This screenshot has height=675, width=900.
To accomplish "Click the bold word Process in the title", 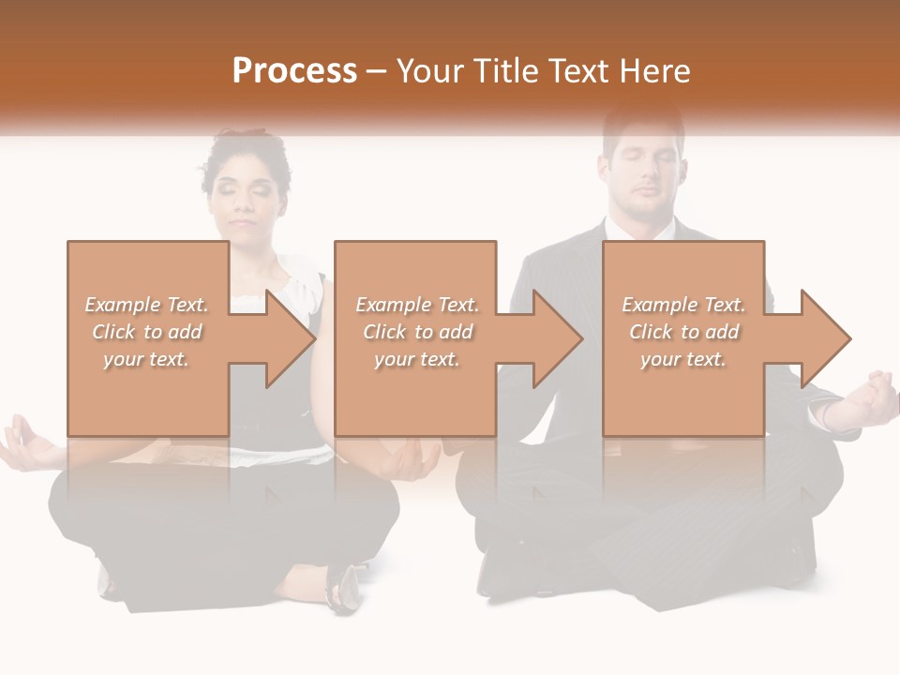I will pyautogui.click(x=294, y=71).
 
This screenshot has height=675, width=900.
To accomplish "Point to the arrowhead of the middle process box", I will pyautogui.click(x=557, y=338).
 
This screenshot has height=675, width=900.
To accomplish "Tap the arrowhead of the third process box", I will pyautogui.click(x=825, y=338).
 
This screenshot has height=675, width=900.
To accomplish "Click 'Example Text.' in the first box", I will pyautogui.click(x=146, y=305).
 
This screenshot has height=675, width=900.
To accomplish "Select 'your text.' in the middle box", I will pyautogui.click(x=416, y=359).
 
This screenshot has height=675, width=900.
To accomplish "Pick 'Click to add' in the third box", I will pyautogui.click(x=683, y=332).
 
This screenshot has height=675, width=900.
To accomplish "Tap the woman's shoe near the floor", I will pyautogui.click(x=342, y=585).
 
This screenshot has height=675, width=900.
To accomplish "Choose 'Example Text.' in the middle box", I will pyautogui.click(x=416, y=305).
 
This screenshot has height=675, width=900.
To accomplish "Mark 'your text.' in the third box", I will pyautogui.click(x=682, y=359).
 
